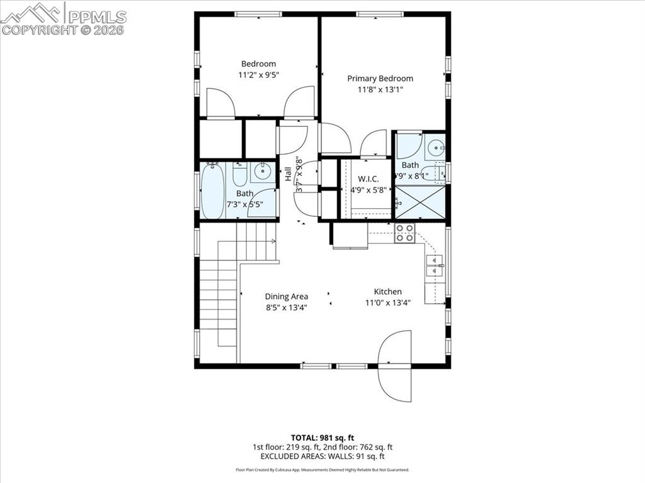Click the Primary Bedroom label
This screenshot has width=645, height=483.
(x=380, y=79)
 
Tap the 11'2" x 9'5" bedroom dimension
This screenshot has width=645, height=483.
(x=258, y=75)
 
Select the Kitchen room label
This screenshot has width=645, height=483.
(x=388, y=292)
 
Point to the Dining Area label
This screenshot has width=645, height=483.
(x=286, y=296)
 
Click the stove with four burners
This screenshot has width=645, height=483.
(x=404, y=233)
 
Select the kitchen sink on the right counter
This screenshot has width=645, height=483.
(x=434, y=266)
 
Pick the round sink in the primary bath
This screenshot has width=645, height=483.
(x=435, y=148)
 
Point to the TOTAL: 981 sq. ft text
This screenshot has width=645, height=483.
(x=322, y=438)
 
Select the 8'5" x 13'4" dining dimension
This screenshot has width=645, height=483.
(x=286, y=308)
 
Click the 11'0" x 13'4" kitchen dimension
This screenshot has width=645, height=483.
(x=388, y=303)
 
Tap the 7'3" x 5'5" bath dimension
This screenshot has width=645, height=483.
(x=245, y=204)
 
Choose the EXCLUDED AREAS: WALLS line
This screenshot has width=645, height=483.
(x=322, y=457)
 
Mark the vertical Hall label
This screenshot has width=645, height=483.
(x=288, y=174)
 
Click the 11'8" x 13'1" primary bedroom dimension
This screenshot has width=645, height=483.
(x=380, y=90)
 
